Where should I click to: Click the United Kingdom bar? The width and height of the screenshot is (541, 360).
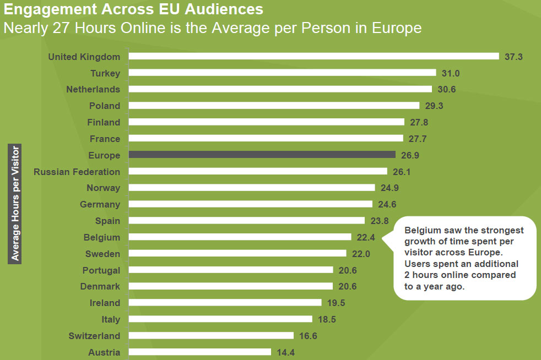pyautogui.click(x=313, y=56)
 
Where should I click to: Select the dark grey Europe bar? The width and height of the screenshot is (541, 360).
pyautogui.click(x=262, y=155)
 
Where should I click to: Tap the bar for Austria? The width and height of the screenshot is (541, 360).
pyautogui.click(x=199, y=352)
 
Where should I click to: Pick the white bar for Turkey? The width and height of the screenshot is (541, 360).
pyautogui.click(x=282, y=73)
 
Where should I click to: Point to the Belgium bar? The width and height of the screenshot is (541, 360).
pyautogui.click(x=240, y=237)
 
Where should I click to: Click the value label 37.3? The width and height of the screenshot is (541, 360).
pyautogui.click(x=513, y=57)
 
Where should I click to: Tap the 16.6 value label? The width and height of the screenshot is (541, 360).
pyautogui.click(x=309, y=336)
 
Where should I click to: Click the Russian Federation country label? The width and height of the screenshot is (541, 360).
pyautogui.click(x=77, y=172)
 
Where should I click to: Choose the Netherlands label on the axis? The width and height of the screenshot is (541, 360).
pyautogui.click(x=93, y=89)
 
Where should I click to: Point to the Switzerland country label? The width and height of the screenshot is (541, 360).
pyautogui.click(x=94, y=336)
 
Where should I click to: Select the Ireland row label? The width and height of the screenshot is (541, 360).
pyautogui.click(x=105, y=303)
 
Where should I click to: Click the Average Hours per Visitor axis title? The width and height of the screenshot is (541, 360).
pyautogui.click(x=15, y=203)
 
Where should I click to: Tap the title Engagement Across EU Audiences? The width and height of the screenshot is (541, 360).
pyautogui.click(x=133, y=9)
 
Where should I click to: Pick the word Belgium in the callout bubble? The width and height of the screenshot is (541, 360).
pyautogui.click(x=423, y=230)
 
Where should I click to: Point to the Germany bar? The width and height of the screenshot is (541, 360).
pyautogui.click(x=250, y=204)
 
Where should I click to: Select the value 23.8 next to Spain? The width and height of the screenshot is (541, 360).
pyautogui.click(x=379, y=221)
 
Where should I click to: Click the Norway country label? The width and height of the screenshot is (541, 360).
pyautogui.click(x=103, y=188)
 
